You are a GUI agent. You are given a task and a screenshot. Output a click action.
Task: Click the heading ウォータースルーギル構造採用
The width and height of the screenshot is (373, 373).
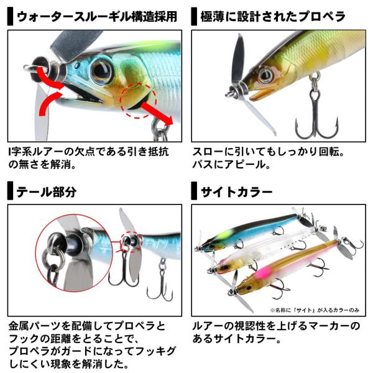[x=97, y=17]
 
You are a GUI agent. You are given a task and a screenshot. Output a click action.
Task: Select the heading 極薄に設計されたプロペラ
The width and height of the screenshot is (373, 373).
[x=273, y=17]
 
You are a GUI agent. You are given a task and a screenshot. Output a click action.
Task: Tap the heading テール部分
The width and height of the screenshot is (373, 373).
[x=47, y=191]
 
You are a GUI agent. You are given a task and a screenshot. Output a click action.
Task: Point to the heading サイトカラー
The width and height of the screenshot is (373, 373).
[x=236, y=191]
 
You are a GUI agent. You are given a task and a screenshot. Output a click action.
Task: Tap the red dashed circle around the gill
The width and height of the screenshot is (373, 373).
[x=138, y=100]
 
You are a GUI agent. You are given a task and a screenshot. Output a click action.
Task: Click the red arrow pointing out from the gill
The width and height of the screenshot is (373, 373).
[x=157, y=113]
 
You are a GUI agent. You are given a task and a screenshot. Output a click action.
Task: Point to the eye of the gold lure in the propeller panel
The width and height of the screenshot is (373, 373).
[x=265, y=76]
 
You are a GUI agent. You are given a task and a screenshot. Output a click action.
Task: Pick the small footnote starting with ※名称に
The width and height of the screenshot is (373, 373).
[x=314, y=310]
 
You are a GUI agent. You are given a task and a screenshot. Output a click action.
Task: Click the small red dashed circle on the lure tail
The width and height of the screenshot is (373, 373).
[x=131, y=242]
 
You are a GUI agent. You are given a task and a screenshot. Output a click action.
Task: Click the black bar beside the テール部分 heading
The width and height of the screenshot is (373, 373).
[x=10, y=191]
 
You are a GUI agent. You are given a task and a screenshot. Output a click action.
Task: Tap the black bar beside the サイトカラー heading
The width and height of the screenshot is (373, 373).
[x=194, y=191]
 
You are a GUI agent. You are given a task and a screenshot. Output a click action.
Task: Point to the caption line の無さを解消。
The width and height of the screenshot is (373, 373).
[x=42, y=165]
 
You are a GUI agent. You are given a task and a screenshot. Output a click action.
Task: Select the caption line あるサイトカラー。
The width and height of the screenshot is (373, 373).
[x=237, y=339]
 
